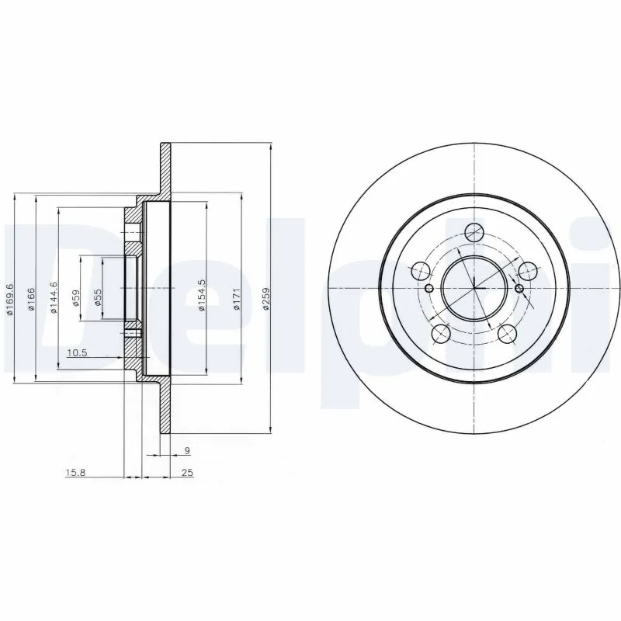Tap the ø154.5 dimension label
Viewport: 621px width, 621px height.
(201, 296)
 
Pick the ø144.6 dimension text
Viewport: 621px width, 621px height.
(54, 298)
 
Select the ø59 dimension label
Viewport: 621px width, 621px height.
(75, 298)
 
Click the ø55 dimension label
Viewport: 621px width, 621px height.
(97, 298)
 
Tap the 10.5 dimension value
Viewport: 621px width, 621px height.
(77, 353)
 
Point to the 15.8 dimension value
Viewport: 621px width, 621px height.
(75, 471)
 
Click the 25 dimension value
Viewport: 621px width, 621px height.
(186, 471)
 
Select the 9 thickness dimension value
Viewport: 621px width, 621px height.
(186, 450)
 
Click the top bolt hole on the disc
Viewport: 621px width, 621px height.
(474, 231)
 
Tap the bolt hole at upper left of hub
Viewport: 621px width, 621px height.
(419, 271)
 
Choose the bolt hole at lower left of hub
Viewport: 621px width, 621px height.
(440, 334)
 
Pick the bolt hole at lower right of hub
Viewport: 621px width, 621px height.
(507, 334)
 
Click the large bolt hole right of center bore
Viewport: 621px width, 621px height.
(528, 271)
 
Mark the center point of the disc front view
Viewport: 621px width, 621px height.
(474, 288)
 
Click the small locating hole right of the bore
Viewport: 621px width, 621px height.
(519, 289)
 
